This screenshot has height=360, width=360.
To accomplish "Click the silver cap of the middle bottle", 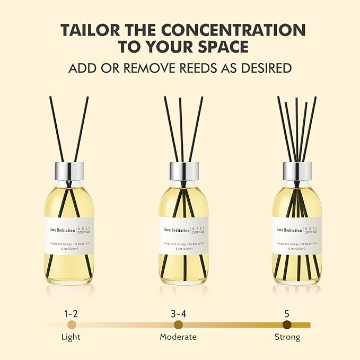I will click(183, 171).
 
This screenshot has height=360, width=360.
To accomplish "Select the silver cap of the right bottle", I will click(297, 171).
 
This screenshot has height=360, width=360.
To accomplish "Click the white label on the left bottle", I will click(70, 235).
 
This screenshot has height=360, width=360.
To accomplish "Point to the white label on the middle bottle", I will click(183, 235).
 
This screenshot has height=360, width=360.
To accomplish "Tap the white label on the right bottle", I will click(297, 235).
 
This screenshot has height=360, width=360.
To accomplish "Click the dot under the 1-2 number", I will click(72, 324).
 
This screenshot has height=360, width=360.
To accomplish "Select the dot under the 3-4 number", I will click(178, 324).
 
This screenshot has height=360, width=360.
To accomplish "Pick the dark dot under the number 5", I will click(287, 324).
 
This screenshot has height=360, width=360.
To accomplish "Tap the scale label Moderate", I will click(178, 337).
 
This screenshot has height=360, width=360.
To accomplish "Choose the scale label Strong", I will click(287, 337).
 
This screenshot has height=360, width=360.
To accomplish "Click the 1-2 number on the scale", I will click(72, 313).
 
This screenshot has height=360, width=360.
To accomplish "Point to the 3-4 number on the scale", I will click(178, 313).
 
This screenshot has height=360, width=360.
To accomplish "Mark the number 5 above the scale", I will click(287, 313).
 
